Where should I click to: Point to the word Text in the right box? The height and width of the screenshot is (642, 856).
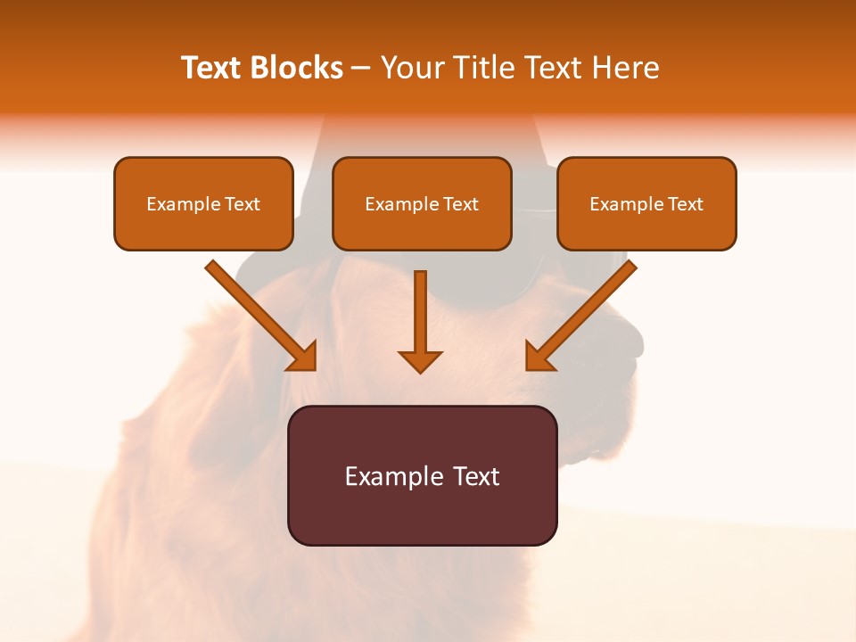(x=684, y=204)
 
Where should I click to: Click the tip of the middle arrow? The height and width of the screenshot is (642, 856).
(x=421, y=370)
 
